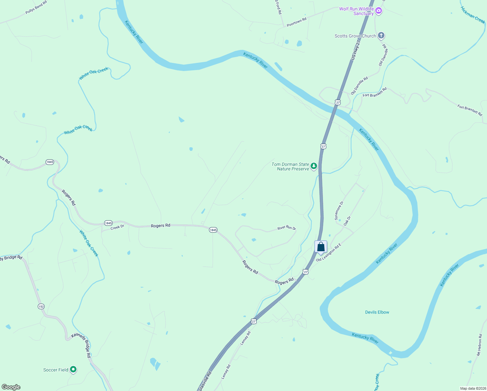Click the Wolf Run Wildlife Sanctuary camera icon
[x=378, y=11]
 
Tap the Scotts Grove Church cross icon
[x=381, y=36]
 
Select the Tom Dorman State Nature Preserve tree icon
[x=314, y=166]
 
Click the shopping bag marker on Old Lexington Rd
[x=321, y=247]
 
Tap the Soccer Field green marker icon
[x=73, y=369]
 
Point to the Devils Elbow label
[x=377, y=312]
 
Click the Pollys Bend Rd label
[x=36, y=7]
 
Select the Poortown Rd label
[x=297, y=22]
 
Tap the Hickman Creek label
[x=473, y=15]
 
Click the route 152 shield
[x=41, y=306]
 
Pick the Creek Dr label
[x=117, y=227]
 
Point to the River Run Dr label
[x=286, y=227]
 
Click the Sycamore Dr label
[x=339, y=211]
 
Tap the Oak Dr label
[x=347, y=221]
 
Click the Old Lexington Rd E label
[x=329, y=252]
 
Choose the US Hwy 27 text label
[x=356, y=50]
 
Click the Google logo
[x=11, y=387]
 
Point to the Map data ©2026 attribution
[x=472, y=388]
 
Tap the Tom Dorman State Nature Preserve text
[x=290, y=167]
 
